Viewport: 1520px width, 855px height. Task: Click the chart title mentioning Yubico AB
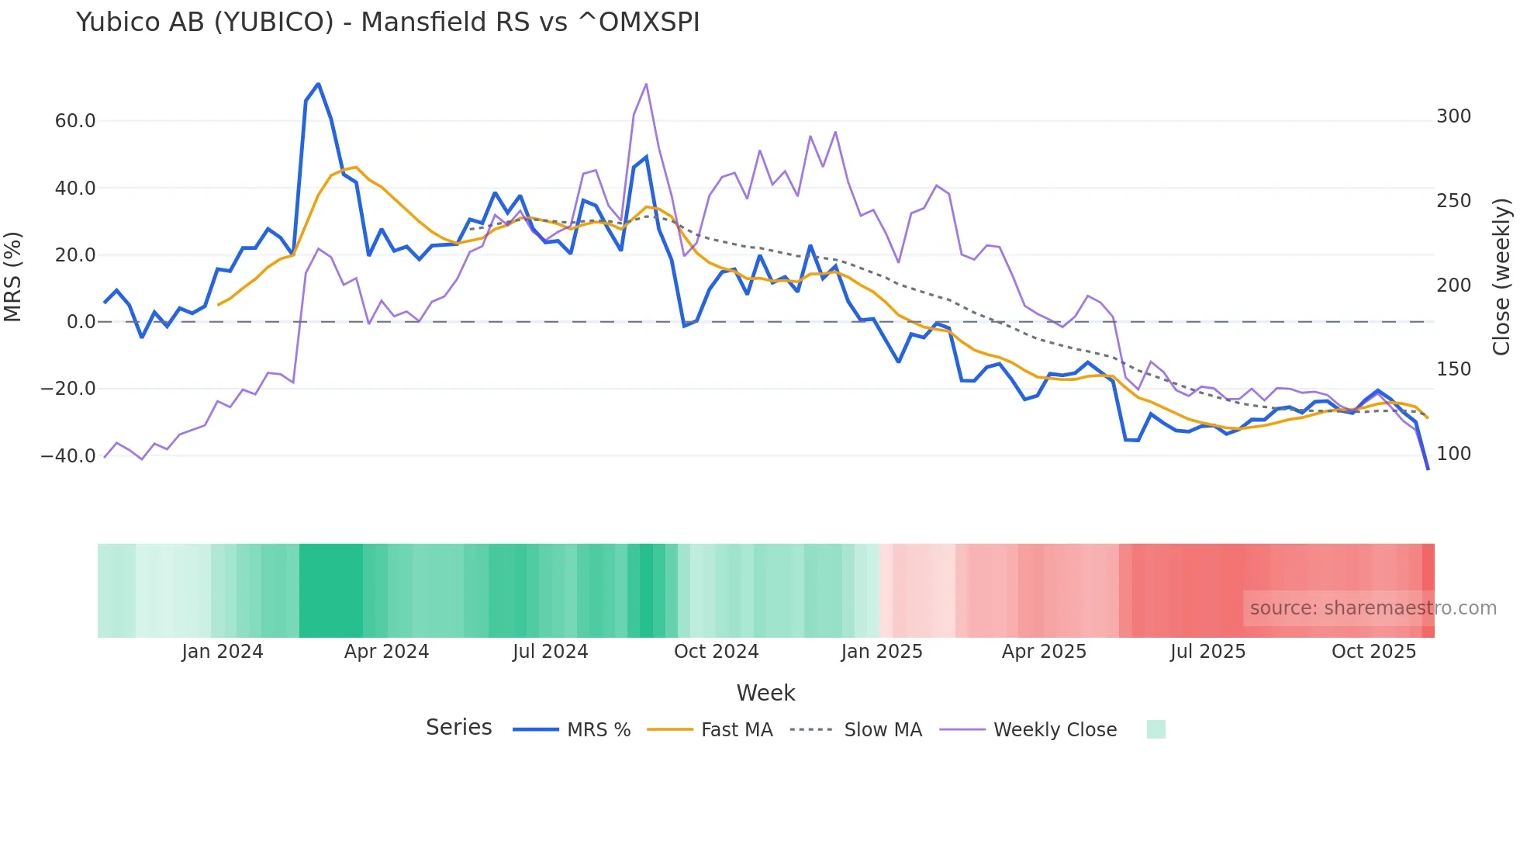388,22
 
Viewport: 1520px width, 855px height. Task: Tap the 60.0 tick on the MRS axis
75,121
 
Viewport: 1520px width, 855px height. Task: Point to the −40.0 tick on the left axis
68,456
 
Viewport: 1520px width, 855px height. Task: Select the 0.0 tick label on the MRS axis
81,322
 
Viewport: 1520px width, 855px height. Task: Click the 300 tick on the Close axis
1453,116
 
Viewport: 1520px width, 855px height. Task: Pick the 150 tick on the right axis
1453,369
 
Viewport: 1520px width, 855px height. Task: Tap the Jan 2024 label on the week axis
223,652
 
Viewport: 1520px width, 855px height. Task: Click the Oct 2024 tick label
716,652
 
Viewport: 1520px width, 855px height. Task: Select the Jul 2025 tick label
1207,652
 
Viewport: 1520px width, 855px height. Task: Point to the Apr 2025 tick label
1044,652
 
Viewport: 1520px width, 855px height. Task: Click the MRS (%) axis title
13,276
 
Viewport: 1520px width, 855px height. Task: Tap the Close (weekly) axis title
1502,276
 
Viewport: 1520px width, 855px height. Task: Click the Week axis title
765,693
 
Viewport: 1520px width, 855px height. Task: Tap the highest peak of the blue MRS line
318,84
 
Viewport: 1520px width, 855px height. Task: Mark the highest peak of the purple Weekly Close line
646,84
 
